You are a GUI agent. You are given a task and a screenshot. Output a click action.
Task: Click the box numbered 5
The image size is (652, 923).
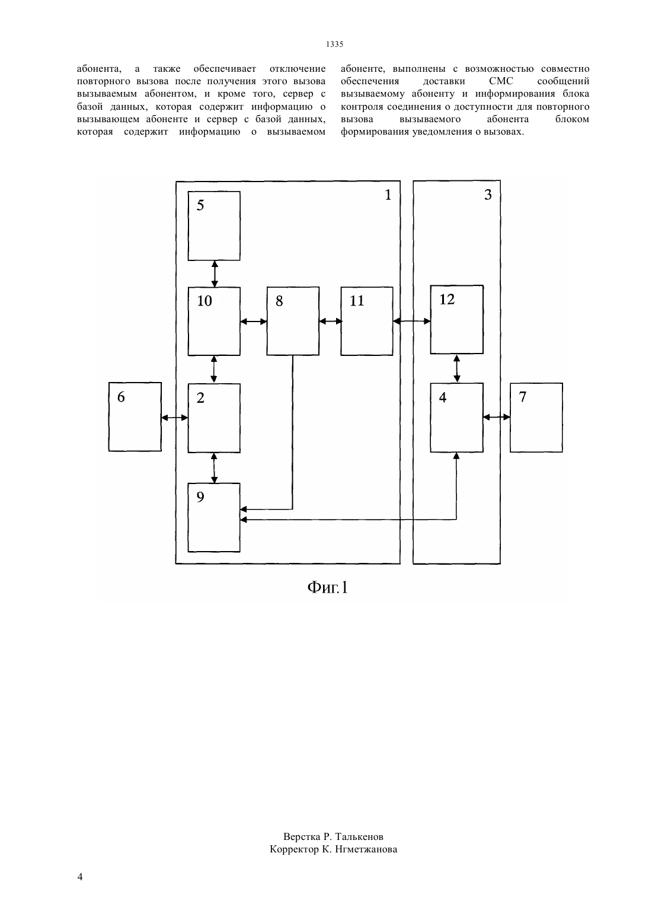coord(214,226)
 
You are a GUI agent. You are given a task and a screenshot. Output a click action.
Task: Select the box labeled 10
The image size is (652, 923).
coord(214,321)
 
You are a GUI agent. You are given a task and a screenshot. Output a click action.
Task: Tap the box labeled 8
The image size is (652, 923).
coord(293,321)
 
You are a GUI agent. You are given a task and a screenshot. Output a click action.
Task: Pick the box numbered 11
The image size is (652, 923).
coord(367,321)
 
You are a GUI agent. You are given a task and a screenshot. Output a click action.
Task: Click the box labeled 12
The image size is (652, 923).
coord(457,319)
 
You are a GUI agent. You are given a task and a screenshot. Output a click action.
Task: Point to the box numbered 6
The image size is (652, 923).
coord(135,416)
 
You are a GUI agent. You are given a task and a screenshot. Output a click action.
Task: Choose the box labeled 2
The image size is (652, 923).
coord(214,418)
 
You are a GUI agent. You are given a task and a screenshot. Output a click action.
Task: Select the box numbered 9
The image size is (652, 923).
coord(214,517)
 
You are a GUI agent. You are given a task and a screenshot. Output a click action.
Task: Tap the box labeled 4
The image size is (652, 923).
coord(457,418)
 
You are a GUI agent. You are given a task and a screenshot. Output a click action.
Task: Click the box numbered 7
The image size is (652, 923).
coord(536,418)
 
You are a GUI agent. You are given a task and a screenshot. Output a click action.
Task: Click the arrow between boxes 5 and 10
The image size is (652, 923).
coord(215,274)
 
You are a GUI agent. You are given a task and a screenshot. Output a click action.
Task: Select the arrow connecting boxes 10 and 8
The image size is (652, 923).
coord(254,322)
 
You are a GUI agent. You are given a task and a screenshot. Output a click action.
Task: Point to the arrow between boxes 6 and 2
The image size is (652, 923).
coord(174,418)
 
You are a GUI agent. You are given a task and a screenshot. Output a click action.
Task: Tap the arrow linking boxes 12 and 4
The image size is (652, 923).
coord(456,368)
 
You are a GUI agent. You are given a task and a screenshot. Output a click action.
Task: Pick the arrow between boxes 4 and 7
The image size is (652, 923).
coord(497,418)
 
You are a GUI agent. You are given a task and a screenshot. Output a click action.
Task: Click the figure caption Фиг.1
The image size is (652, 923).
coord(328,587)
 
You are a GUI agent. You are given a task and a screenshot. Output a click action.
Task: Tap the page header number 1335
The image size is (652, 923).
coord(335,44)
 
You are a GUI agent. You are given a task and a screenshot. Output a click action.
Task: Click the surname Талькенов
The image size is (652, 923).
coord(359,836)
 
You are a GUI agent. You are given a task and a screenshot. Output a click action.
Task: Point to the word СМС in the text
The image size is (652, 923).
coord(501,81)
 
